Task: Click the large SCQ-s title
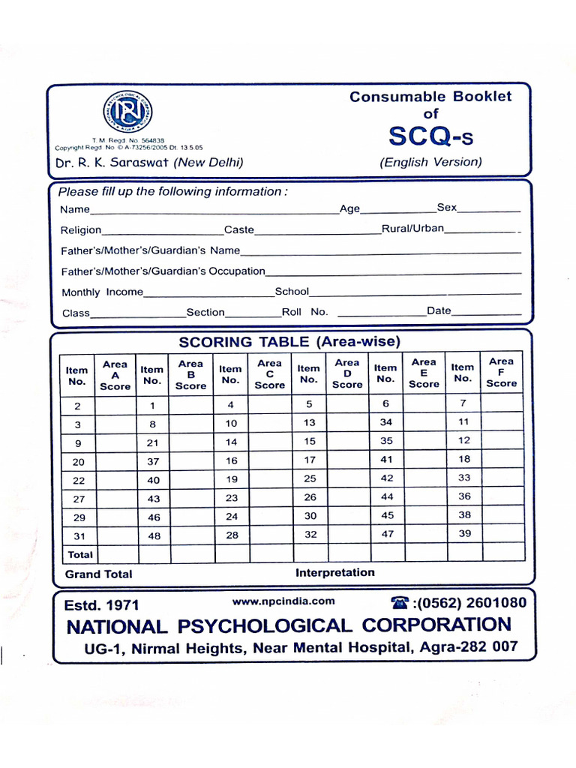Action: click(430, 136)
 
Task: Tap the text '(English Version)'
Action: click(430, 162)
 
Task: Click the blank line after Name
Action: click(214, 211)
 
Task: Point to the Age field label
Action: click(349, 209)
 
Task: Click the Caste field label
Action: click(238, 229)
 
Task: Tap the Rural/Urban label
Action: click(412, 228)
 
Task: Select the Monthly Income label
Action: click(102, 292)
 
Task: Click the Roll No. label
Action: click(304, 312)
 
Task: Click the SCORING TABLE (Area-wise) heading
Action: click(289, 342)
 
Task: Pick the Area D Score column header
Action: click(346, 373)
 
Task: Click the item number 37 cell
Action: click(153, 461)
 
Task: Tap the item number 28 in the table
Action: click(231, 535)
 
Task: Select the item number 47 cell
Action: click(386, 533)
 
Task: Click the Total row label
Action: click(80, 555)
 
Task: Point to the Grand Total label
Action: click(98, 574)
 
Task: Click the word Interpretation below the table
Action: click(334, 572)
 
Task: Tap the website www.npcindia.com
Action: click(283, 601)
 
